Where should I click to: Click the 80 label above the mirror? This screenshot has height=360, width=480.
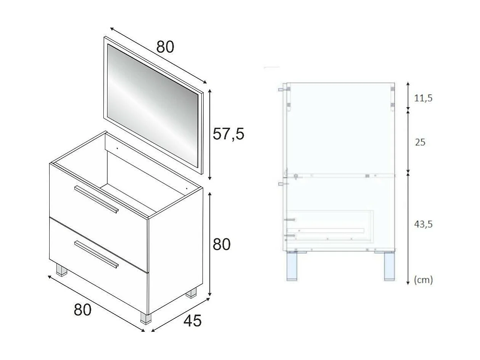pyautogui.click(x=165, y=47)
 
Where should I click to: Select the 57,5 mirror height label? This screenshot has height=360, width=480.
pyautogui.click(x=228, y=134)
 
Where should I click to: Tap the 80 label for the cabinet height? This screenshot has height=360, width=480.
pyautogui.click(x=221, y=244)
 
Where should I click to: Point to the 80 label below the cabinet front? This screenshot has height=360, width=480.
pyautogui.click(x=82, y=310)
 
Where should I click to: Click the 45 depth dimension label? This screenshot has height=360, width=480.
pyautogui.click(x=192, y=321)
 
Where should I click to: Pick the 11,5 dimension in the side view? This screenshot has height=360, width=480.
pyautogui.click(x=423, y=98)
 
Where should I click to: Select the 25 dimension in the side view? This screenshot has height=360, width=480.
pyautogui.click(x=420, y=142)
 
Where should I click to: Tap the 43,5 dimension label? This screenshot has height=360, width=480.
pyautogui.click(x=423, y=224)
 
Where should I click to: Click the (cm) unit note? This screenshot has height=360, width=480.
pyautogui.click(x=424, y=280)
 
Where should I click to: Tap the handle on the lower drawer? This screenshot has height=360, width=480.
pyautogui.click(x=97, y=254)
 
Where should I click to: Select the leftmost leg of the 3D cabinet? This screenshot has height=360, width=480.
pyautogui.click(x=61, y=270)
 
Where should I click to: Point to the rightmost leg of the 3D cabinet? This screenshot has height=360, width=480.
pyautogui.click(x=191, y=293)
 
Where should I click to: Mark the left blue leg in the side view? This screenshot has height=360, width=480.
pyautogui.click(x=293, y=266)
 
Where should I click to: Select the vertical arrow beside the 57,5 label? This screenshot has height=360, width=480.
pyautogui.click(x=209, y=135)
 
